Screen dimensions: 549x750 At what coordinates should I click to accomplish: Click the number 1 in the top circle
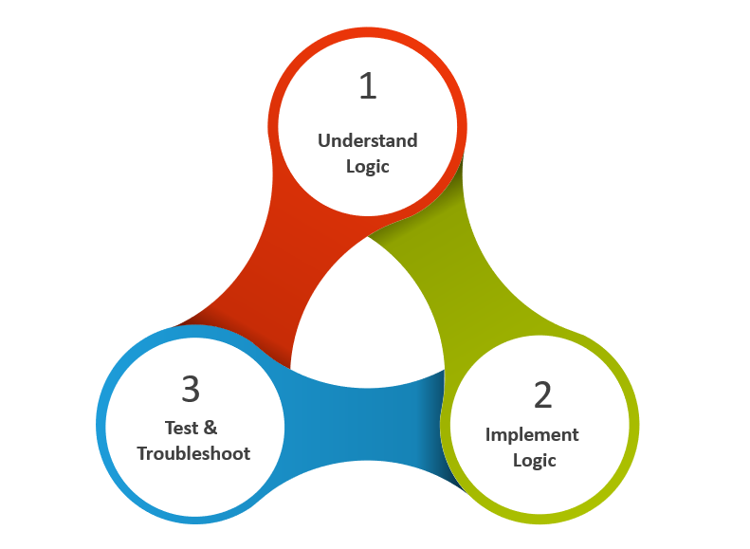[x=368, y=86]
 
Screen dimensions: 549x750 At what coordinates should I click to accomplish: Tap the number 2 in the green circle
[x=541, y=394]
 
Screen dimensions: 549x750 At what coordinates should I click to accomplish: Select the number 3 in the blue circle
[x=191, y=389]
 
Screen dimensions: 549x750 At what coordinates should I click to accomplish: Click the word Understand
[x=367, y=140]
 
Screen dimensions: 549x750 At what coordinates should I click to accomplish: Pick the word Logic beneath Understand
[x=367, y=166]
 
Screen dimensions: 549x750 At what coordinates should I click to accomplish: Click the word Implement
[x=532, y=434]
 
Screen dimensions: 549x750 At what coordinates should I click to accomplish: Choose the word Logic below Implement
[x=534, y=460]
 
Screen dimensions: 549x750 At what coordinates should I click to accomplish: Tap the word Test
[x=182, y=428]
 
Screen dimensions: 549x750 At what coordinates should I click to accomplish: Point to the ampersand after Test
[x=211, y=428]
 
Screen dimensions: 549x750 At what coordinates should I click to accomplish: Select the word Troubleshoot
[x=193, y=453]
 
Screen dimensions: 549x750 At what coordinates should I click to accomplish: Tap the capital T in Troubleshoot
[x=142, y=453]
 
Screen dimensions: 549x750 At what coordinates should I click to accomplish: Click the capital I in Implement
[x=488, y=434]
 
